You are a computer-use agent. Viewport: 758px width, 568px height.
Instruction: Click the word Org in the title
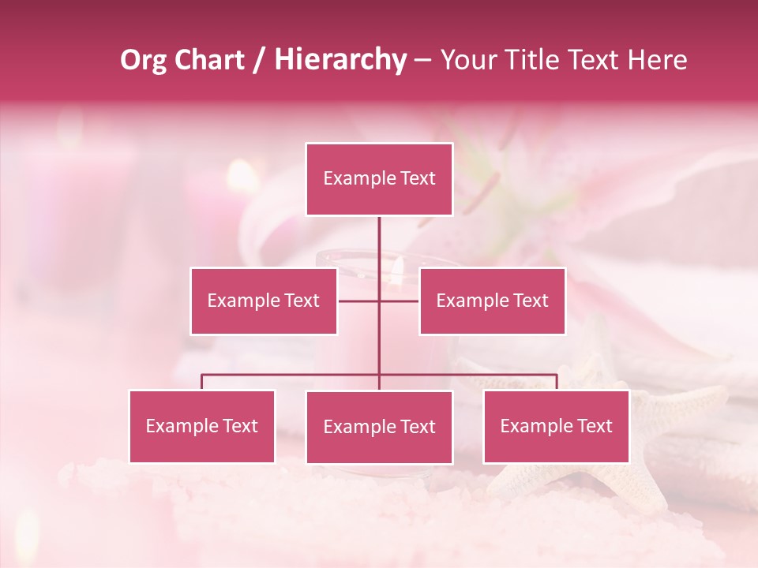click(144, 60)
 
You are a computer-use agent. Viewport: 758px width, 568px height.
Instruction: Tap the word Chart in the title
click(206, 60)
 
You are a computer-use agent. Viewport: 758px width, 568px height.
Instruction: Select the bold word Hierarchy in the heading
click(340, 60)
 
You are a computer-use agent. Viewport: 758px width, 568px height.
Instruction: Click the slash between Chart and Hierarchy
click(259, 60)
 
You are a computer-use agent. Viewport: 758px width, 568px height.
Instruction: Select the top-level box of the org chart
click(379, 179)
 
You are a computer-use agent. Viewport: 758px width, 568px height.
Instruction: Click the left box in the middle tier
click(264, 301)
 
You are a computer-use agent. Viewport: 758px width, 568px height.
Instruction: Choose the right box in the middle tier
click(492, 301)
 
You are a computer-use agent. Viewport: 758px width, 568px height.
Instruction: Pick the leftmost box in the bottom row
click(202, 426)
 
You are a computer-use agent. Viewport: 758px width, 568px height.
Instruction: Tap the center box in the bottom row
click(379, 427)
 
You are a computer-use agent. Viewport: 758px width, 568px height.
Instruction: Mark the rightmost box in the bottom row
click(556, 426)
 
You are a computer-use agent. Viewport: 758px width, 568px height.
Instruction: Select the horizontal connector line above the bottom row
click(292, 375)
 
